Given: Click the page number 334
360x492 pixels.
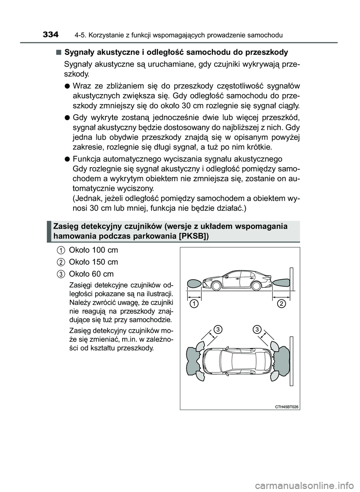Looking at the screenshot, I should pyautogui.click(x=51, y=35).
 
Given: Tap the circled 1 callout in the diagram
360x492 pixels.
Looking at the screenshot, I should pyautogui.click(x=193, y=304).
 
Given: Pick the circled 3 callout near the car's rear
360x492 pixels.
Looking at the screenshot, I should pyautogui.click(x=256, y=329).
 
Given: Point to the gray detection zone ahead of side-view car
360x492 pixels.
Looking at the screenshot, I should pyautogui.click(x=194, y=285).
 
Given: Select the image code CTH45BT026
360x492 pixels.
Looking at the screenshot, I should pyautogui.click(x=286, y=407).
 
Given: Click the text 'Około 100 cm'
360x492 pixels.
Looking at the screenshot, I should pyautogui.click(x=93, y=250).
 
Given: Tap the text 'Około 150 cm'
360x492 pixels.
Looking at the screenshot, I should pyautogui.click(x=93, y=262).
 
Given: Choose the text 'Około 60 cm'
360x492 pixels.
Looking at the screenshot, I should pyautogui.click(x=91, y=274).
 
